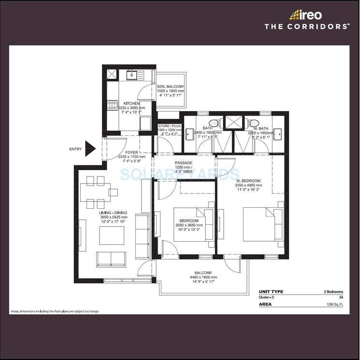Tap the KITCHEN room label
(x=131, y=103)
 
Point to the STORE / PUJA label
(x=169, y=126)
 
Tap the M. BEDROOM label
(x=248, y=180)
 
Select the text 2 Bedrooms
(x=333, y=292)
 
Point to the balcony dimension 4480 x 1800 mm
(x=203, y=277)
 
